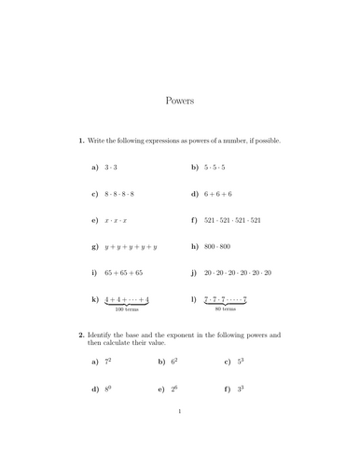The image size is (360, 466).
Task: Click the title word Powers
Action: (x=179, y=100)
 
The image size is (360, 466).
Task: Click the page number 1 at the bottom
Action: (x=179, y=438)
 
